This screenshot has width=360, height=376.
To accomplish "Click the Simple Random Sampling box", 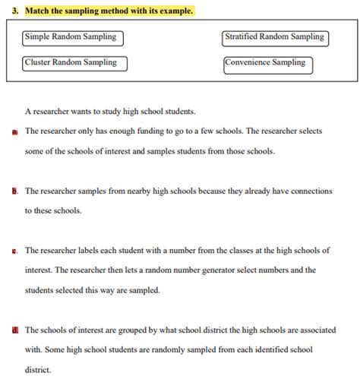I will coord(72,37).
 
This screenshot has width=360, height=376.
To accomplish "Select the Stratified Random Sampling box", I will coord(275,37).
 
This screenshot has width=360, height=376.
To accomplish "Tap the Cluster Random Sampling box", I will coord(74,63).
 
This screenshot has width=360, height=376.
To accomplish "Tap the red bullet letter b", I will coord(15,191).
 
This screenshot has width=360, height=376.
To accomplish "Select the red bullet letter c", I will coord(15,251).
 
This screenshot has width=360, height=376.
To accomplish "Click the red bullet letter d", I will coord(15,330).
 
